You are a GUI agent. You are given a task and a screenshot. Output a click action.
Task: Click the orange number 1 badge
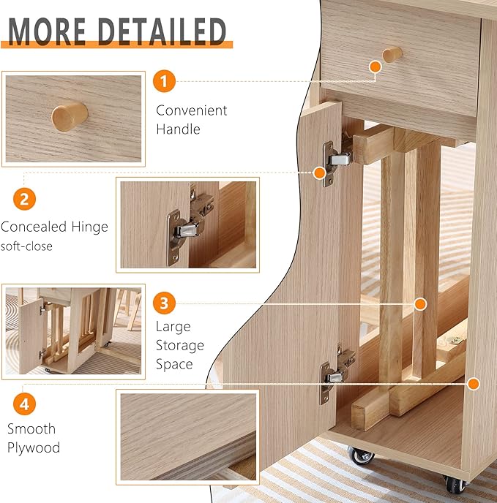[x=165, y=80]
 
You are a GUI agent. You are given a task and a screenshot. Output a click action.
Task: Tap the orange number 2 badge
[x=25, y=198]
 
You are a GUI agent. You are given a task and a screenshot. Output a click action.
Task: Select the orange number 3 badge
[x=165, y=303]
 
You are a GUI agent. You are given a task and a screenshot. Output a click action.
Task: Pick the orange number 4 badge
[x=25, y=403]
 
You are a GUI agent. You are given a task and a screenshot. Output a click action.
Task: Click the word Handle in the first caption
[x=178, y=129]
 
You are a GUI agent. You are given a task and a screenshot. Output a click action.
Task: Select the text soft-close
[x=26, y=246]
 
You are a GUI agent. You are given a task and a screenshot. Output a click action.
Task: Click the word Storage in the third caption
[x=179, y=345]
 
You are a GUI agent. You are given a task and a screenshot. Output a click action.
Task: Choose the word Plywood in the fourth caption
[x=34, y=447]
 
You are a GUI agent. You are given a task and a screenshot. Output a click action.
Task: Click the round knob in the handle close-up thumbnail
[x=70, y=115]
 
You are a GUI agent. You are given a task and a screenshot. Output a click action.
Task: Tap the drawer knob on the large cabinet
[x=392, y=54]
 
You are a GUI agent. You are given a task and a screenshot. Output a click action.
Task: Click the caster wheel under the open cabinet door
[x=361, y=456]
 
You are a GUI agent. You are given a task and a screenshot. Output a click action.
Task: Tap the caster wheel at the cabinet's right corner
[x=452, y=484]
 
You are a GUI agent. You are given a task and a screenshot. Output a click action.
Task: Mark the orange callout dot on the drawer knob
[x=375, y=67]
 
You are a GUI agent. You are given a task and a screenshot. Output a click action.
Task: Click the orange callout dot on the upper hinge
[x=319, y=173]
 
